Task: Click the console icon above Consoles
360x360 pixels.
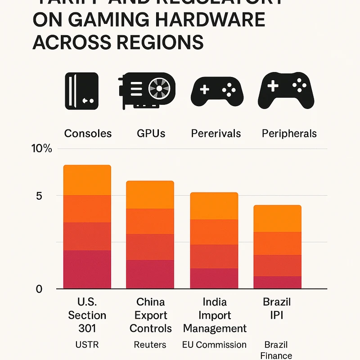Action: pyautogui.click(x=81, y=91)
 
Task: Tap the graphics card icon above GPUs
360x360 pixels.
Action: pyautogui.click(x=147, y=91)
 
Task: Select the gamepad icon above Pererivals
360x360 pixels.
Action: pyautogui.click(x=217, y=90)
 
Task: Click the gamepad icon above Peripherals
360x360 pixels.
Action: pyautogui.click(x=286, y=90)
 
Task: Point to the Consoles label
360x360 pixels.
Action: pyautogui.click(x=88, y=134)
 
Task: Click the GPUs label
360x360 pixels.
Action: pyautogui.click(x=151, y=134)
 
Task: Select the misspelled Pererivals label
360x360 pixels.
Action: pyautogui.click(x=216, y=134)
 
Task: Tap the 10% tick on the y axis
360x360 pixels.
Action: pyautogui.click(x=41, y=149)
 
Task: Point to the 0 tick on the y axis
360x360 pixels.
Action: pyautogui.click(x=39, y=289)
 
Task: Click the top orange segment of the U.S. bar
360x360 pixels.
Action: pyautogui.click(x=87, y=180)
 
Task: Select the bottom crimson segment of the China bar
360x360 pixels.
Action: pyautogui.click(x=150, y=274)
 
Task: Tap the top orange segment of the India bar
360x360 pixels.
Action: pyautogui.click(x=214, y=206)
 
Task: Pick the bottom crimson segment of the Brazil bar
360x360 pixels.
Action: pyautogui.click(x=277, y=282)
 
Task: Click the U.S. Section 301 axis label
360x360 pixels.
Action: pyautogui.click(x=87, y=315)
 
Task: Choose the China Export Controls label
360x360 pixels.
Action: pyautogui.click(x=151, y=315)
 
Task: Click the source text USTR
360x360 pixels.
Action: pyautogui.click(x=87, y=345)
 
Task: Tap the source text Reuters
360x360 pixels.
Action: pyautogui.click(x=150, y=345)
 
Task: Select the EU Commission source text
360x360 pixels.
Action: pyautogui.click(x=214, y=345)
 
